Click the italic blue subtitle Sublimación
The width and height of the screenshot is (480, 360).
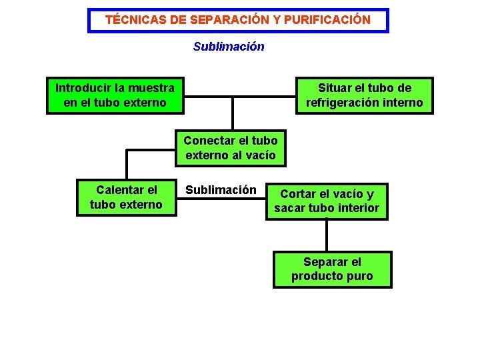pos(229,47)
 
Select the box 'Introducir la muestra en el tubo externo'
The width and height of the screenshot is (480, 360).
pos(115,95)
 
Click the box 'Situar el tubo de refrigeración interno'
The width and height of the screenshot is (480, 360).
pos(364,95)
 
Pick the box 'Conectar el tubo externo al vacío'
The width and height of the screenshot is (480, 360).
pos(231,148)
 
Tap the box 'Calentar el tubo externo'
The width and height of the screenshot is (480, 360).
pos(126,197)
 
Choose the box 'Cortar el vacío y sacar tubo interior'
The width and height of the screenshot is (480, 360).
pos(327,201)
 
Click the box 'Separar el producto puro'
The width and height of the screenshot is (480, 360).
pos(332,269)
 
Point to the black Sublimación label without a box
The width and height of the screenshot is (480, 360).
pos(221,190)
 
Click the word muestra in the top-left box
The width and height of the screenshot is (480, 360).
pos(151,88)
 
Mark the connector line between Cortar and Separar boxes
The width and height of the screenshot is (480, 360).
pos(327,235)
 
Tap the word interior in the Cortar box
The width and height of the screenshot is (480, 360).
pos(357,208)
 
